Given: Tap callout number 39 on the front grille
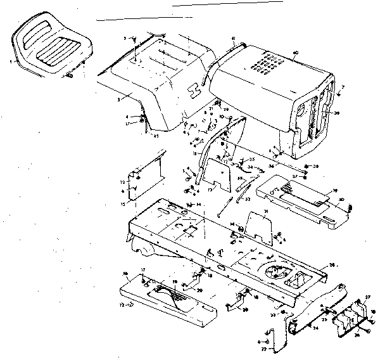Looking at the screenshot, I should (x=336, y=114).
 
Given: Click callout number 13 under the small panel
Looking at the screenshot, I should (x=208, y=189).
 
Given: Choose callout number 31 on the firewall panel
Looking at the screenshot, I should (x=267, y=211).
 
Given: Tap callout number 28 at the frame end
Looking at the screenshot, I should (x=332, y=266).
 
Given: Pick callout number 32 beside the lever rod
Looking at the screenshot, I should (x=248, y=198).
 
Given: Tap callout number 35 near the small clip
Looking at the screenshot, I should (x=251, y=160).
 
